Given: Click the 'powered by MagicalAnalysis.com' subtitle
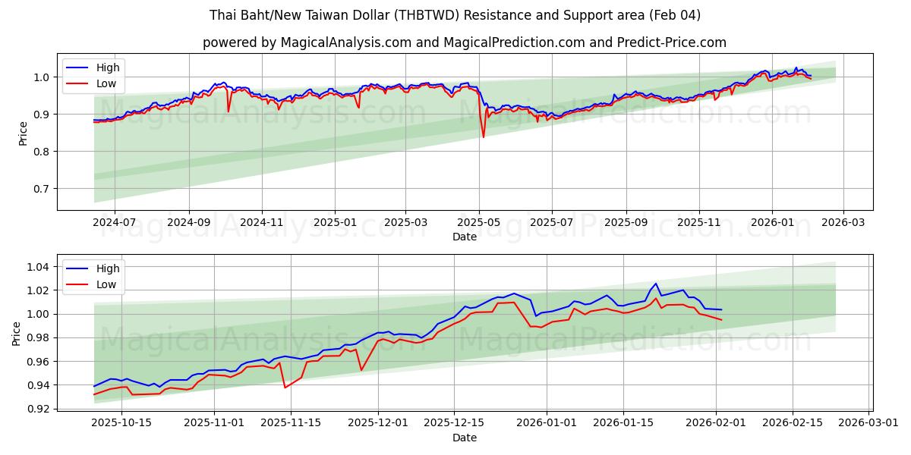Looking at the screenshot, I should [x=465, y=42].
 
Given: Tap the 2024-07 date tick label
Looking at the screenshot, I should [x=115, y=222].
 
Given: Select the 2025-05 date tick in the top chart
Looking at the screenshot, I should [x=479, y=222].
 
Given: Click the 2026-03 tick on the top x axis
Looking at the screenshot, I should [x=844, y=222].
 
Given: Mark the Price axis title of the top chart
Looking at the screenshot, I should [x=23, y=132].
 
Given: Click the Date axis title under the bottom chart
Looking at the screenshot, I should [x=465, y=438].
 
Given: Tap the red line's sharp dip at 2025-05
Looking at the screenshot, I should [x=483, y=137].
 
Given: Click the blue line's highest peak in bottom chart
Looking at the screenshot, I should [x=656, y=284].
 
